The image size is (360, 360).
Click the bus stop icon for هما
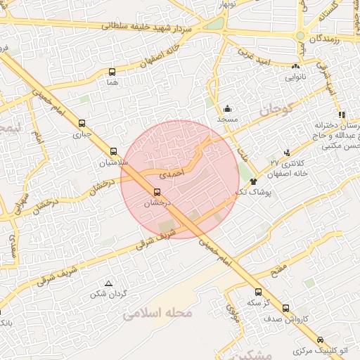pyautogui.click(x=112, y=72)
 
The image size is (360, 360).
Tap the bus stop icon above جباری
pyautogui.click(x=83, y=122)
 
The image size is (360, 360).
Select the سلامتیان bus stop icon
pyautogui.click(x=113, y=151)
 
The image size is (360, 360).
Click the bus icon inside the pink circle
pyautogui.click(x=156, y=191)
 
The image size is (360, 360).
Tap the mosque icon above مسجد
pyautogui.click(x=228, y=109)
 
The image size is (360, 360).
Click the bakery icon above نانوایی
pyautogui.click(x=295, y=67)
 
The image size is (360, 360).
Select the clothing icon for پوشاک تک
pyautogui.click(x=253, y=181)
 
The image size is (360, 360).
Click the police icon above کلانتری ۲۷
pyautogui.click(x=286, y=153)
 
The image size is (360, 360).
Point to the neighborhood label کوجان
pyautogui.click(x=274, y=110)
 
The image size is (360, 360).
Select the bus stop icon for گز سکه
pyautogui.click(x=258, y=292)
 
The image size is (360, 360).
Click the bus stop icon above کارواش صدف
pyautogui.click(x=285, y=308)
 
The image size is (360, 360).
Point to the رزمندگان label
pyautogui.click(x=324, y=37)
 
